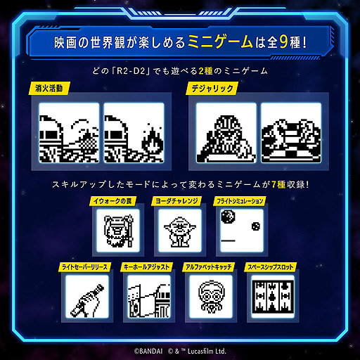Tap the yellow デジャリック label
point(207,89)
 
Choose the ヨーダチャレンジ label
point(175,201)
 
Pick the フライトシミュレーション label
point(239,201)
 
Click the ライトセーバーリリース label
point(84,268)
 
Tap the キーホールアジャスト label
point(148,268)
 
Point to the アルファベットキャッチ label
point(210,268)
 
